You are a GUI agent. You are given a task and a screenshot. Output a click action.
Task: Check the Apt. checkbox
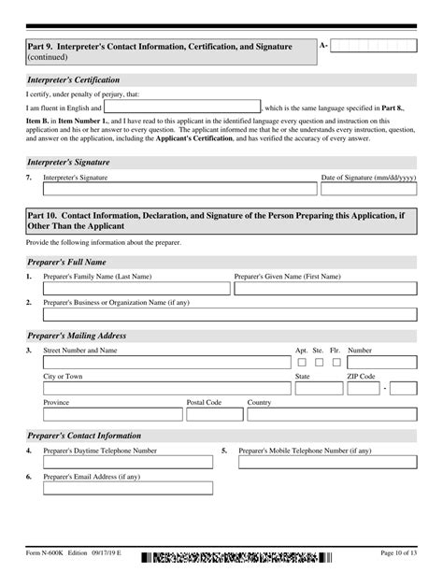(x=302, y=362)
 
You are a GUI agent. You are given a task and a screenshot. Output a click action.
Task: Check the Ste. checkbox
(x=319, y=362)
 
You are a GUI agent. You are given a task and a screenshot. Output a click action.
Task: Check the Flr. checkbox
(x=336, y=362)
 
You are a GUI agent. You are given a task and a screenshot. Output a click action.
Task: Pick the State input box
(x=317, y=388)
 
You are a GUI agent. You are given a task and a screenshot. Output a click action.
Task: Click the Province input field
(x=111, y=414)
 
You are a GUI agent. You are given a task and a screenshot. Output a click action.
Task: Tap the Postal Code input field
(x=213, y=414)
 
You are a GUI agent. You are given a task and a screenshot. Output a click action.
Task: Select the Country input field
(x=332, y=414)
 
